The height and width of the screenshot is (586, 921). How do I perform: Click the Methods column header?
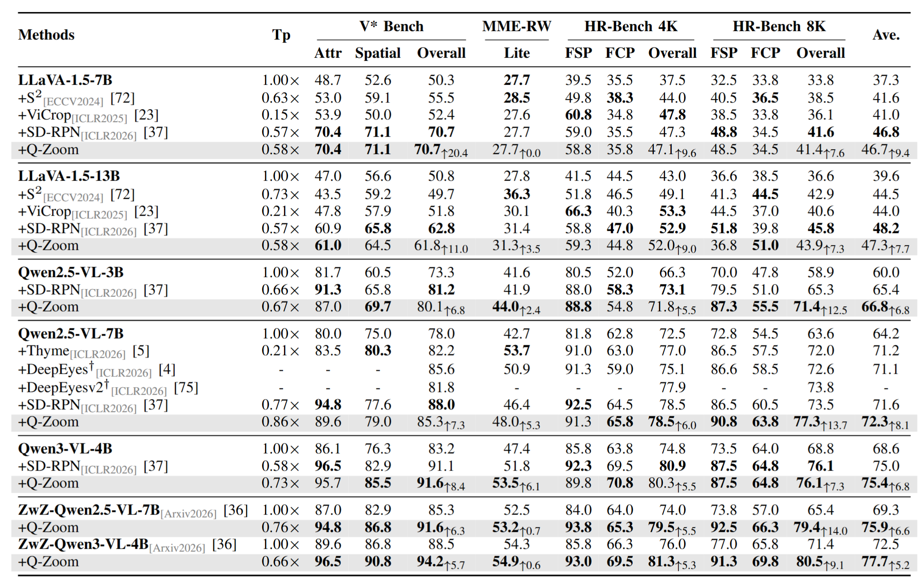pyautogui.click(x=46, y=35)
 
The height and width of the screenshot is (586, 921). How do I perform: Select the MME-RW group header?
pyautogui.click(x=516, y=26)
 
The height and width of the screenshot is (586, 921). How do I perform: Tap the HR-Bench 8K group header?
pyautogui.click(x=779, y=26)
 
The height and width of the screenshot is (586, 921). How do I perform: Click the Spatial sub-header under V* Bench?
pyautogui.click(x=378, y=53)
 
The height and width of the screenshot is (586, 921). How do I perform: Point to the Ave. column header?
pyautogui.click(x=886, y=35)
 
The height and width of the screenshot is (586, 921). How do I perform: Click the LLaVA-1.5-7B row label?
pyautogui.click(x=65, y=80)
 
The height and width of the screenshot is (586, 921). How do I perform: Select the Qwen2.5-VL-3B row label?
pyautogui.click(x=71, y=272)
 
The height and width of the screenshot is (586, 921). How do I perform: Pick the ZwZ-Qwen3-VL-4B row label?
pyautogui.click(x=83, y=544)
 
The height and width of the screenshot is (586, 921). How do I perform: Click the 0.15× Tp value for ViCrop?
pyautogui.click(x=280, y=115)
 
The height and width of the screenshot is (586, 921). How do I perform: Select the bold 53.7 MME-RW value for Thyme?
pyautogui.click(x=516, y=351)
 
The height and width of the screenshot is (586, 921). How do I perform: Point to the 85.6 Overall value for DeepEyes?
pyautogui.click(x=441, y=369)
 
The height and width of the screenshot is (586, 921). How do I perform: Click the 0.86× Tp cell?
pyautogui.click(x=280, y=422)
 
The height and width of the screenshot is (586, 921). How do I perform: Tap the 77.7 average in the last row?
pyautogui.click(x=874, y=562)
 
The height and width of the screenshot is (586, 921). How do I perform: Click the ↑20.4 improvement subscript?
pyautogui.click(x=455, y=154)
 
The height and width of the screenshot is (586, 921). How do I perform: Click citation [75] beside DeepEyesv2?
pyautogui.click(x=185, y=388)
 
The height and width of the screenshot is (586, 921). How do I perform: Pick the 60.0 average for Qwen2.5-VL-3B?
pyautogui.click(x=886, y=272)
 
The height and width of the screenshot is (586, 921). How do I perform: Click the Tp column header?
pyautogui.click(x=281, y=35)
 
